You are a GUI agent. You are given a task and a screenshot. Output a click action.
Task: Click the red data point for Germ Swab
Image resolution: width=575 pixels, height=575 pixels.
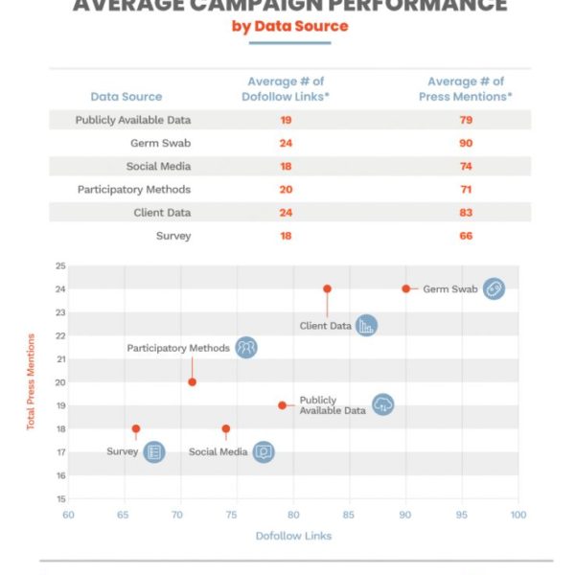(405, 288)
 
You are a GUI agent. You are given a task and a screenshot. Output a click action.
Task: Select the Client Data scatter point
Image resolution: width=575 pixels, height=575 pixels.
(327, 288)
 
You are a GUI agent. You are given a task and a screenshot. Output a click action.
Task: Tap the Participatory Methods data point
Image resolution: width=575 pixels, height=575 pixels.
(192, 382)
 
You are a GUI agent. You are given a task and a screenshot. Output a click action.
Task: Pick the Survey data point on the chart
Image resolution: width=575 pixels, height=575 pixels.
(136, 428)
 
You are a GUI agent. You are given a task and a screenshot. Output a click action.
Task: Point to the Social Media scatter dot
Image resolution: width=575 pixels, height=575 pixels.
(225, 428)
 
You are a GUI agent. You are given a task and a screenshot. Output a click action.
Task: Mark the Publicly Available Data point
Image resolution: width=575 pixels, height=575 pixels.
(282, 405)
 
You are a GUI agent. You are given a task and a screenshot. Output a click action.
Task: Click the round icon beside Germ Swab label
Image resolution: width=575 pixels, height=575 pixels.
(494, 288)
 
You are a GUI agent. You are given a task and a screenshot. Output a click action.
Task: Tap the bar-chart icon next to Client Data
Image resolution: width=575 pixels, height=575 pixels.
(365, 326)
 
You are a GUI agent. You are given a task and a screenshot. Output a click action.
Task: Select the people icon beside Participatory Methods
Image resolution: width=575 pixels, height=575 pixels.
(246, 348)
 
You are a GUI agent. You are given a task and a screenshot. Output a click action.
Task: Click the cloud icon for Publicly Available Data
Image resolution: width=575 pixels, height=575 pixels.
(382, 404)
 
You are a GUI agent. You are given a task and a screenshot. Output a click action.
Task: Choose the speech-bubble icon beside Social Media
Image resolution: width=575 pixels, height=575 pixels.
(264, 451)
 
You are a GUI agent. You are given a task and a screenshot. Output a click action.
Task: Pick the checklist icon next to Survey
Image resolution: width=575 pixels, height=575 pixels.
(153, 451)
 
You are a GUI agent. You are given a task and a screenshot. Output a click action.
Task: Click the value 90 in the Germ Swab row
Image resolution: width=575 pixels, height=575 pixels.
(467, 143)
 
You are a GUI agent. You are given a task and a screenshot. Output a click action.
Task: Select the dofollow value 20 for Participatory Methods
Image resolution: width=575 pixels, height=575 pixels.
(286, 189)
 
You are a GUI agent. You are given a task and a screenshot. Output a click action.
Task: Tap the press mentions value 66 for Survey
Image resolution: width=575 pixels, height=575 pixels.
(467, 235)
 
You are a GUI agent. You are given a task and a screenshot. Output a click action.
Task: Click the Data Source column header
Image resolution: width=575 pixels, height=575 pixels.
(126, 96)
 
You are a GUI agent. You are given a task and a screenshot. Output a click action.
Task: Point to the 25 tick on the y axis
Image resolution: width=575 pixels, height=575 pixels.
(60, 265)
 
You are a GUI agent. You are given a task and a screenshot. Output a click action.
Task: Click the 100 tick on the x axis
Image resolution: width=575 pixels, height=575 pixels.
(518, 516)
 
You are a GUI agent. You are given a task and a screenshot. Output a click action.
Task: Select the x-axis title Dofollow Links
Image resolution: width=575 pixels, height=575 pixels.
(293, 536)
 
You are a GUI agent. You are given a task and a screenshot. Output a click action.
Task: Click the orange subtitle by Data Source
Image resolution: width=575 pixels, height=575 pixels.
(290, 26)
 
